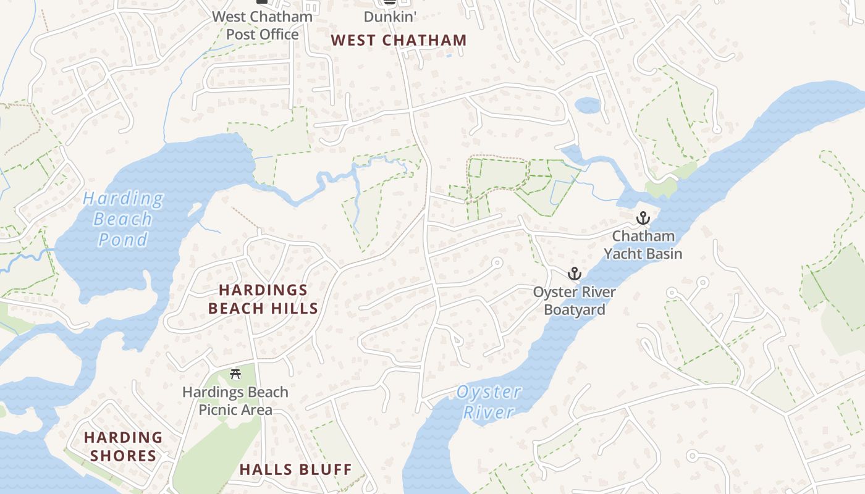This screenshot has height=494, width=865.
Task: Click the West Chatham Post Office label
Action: click(263, 25)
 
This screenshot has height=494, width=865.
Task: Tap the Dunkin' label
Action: click(389, 17)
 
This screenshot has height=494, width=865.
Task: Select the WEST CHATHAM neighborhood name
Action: click(399, 41)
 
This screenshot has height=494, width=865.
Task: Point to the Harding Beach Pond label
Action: click(123, 219)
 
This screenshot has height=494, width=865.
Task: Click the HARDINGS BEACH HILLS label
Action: click(263, 299)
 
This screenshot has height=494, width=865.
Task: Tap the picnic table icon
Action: click(235, 374)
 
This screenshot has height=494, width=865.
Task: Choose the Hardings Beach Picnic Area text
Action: click(235, 401)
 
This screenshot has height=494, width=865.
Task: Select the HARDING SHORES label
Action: click(123, 447)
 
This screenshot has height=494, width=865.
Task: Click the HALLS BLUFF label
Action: click(295, 469)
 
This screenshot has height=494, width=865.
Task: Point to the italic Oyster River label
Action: click(489, 401)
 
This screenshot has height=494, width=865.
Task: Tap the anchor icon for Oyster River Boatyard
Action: click(575, 273)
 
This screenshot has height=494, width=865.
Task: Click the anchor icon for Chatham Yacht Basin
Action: click(643, 218)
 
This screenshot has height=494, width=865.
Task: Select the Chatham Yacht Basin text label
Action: click(643, 245)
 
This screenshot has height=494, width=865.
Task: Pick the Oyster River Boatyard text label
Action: click(575, 301)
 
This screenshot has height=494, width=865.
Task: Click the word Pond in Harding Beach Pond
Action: click(123, 239)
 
